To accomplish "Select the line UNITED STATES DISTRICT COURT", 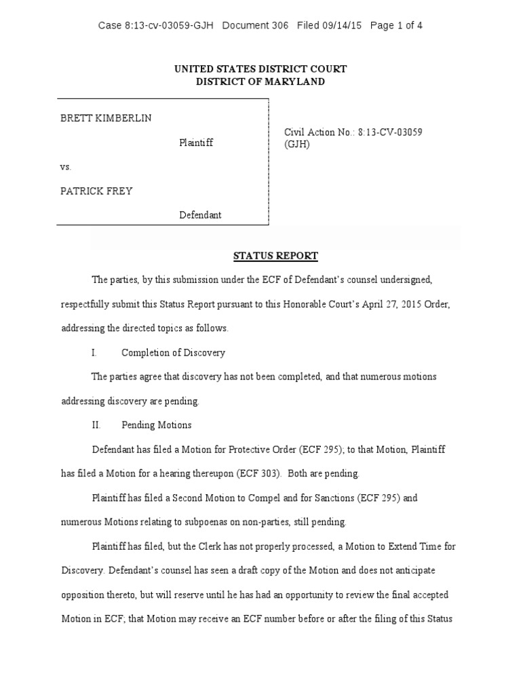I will (260, 69).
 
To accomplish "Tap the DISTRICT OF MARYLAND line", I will (260, 81).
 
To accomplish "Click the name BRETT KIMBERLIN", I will (106, 118).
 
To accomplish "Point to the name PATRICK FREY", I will (96, 191).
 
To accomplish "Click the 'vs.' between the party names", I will (66, 166).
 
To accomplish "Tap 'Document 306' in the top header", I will (255, 26).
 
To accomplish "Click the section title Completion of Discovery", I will (173, 353).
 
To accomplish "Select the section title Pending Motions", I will (156, 425).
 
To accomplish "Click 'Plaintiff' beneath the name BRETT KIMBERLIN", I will (196, 143).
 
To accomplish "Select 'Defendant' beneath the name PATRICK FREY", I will (200, 215).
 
